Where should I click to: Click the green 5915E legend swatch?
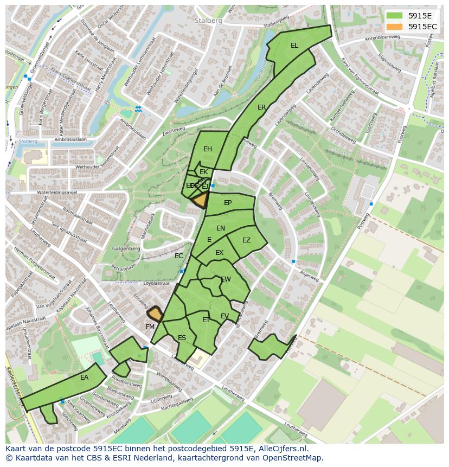(x=394, y=16)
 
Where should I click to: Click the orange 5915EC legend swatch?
(x=394, y=27)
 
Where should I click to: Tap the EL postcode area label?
(x=294, y=46)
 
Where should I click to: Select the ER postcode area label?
(x=262, y=107)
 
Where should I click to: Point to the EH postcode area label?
(x=208, y=149)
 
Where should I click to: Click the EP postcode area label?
(x=228, y=203)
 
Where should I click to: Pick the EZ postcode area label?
(x=247, y=240)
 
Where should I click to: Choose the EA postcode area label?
(x=84, y=377)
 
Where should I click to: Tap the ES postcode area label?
(x=182, y=338)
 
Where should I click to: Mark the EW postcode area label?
(x=226, y=279)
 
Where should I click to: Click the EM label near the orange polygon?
(x=150, y=327)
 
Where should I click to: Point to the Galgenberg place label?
(x=126, y=249)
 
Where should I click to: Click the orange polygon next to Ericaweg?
(x=155, y=314)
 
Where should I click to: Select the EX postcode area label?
(x=219, y=253)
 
